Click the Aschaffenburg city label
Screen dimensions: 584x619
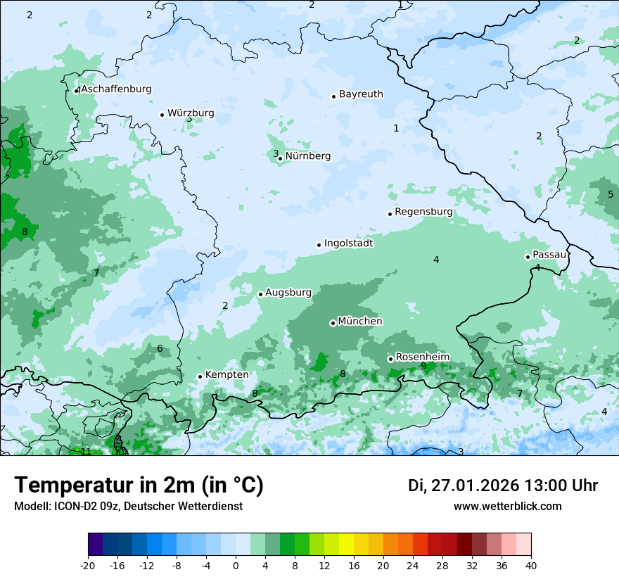(116, 89)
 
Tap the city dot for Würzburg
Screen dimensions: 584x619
(162, 115)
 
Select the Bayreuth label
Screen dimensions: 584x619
(361, 94)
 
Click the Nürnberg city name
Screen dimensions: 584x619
(307, 156)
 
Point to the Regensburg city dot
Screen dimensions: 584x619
(390, 214)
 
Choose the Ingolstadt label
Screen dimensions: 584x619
(348, 243)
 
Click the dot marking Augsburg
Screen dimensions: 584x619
(260, 294)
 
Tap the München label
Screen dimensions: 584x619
(360, 322)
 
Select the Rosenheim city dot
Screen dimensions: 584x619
(390, 359)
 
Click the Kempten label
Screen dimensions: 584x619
(226, 375)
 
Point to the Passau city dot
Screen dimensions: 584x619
(528, 257)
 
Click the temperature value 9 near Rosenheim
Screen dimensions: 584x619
(423, 366)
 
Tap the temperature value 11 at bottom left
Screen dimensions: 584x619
(86, 452)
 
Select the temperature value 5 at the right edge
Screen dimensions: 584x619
(611, 194)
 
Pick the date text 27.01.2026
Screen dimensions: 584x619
(475, 485)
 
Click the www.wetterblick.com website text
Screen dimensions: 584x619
(507, 507)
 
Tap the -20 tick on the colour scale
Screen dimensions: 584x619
(88, 565)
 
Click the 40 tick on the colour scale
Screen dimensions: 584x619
(530, 565)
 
